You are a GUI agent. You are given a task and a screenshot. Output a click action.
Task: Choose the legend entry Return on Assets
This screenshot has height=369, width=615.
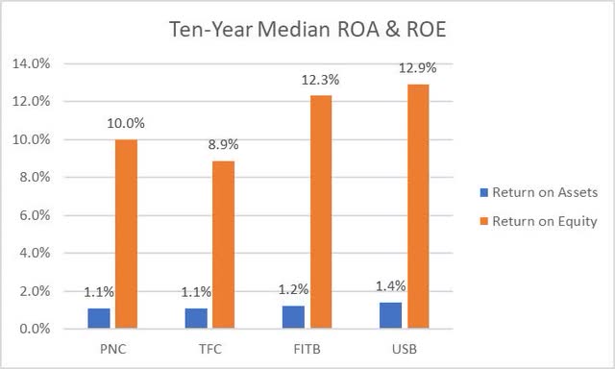pyautogui.click(x=544, y=192)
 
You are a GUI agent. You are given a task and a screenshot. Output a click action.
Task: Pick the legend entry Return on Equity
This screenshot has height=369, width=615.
pyautogui.click(x=544, y=221)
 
